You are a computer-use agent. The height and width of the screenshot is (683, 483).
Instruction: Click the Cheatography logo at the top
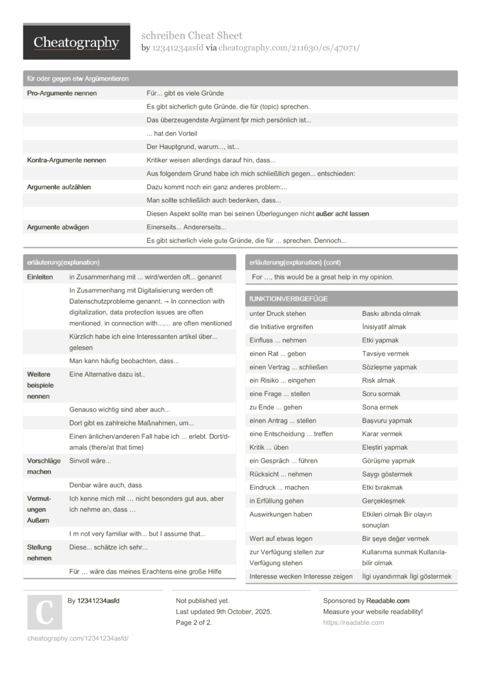pyautogui.click(x=76, y=42)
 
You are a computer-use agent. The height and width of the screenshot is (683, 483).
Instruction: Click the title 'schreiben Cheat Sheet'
pyautogui.click(x=191, y=35)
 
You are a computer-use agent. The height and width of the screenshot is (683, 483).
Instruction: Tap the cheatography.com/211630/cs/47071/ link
pyautogui.click(x=289, y=48)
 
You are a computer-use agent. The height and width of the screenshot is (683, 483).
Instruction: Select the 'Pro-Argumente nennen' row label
pyautogui.click(x=62, y=93)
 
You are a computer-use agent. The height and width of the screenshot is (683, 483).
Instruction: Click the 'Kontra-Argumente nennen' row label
pyautogui.click(x=66, y=160)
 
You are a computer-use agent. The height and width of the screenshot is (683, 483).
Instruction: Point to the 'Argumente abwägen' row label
pyautogui.click(x=58, y=227)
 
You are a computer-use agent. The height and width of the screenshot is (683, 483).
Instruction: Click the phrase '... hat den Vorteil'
pyautogui.click(x=172, y=133)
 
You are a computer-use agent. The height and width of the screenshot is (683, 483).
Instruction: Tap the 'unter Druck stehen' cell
pyautogui.click(x=278, y=313)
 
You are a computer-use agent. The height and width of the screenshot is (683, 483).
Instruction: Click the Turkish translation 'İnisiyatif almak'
pyautogui.click(x=384, y=327)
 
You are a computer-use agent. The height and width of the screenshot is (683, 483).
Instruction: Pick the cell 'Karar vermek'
pyautogui.click(x=382, y=434)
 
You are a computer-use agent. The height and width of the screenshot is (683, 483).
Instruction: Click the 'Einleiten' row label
pyautogui.click(x=40, y=277)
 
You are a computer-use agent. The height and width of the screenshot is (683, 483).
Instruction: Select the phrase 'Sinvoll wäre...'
pyautogui.click(x=90, y=461)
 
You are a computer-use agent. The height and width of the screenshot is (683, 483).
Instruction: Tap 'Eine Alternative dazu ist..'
pyautogui.click(x=107, y=374)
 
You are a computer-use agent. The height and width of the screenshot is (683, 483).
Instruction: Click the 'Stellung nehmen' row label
pyautogui.click(x=39, y=552)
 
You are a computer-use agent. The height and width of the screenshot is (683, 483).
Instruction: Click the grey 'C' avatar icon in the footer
pyautogui.click(x=44, y=612)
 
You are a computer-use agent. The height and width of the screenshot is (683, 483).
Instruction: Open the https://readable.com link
pyautogui.click(x=353, y=622)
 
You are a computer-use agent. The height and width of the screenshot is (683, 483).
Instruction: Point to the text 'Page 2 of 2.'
pyautogui.click(x=194, y=622)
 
